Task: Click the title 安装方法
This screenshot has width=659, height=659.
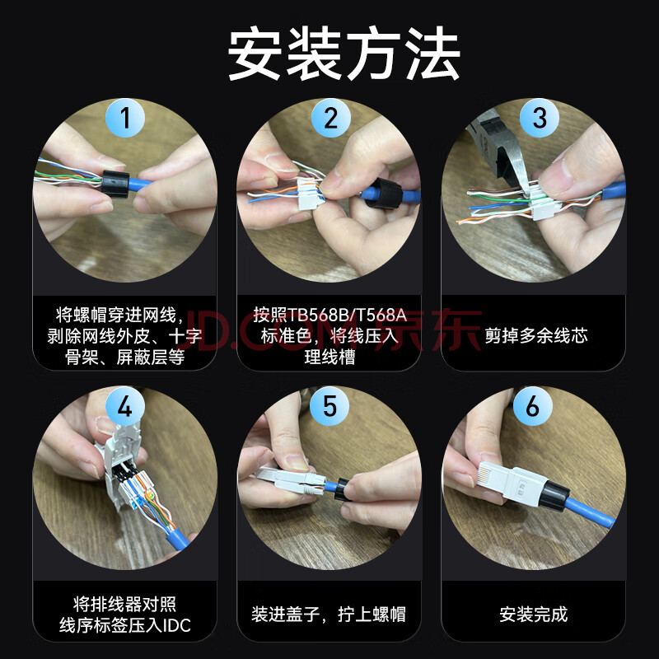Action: tap(344, 54)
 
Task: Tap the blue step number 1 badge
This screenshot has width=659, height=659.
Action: tap(125, 118)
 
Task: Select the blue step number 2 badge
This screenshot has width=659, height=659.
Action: tap(331, 118)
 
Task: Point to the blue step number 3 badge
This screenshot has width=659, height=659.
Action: tap(540, 118)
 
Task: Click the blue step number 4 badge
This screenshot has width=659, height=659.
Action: tap(125, 406)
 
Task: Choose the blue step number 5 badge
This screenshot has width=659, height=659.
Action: tap(329, 406)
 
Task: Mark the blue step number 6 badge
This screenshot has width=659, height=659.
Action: tap(533, 406)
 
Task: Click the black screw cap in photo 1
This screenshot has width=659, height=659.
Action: tap(115, 184)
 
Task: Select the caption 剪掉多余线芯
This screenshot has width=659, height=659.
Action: tap(536, 336)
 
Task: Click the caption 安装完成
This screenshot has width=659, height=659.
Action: tap(533, 615)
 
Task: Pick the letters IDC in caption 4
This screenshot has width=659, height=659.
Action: tap(176, 625)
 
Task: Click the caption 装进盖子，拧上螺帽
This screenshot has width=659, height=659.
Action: tap(329, 615)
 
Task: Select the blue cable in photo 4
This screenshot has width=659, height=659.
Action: tap(176, 538)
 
